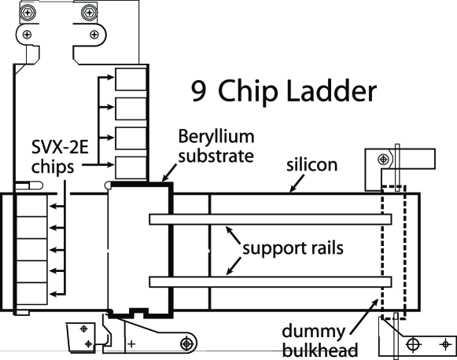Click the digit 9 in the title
pyautogui.click(x=200, y=92)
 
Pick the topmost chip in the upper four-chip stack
pyautogui.click(x=131, y=79)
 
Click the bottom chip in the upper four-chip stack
pyautogui.click(x=131, y=167)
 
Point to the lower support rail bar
pyautogui.click(x=270, y=281)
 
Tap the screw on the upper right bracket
pyautogui.click(x=381, y=156)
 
